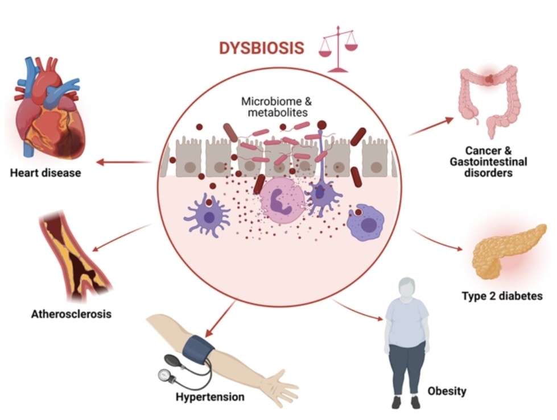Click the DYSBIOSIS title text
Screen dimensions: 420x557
coord(261,48)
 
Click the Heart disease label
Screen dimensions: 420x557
coord(45,173)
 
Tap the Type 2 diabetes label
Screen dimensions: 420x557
coord(501,296)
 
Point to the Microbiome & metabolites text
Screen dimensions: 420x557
coord(275,107)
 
